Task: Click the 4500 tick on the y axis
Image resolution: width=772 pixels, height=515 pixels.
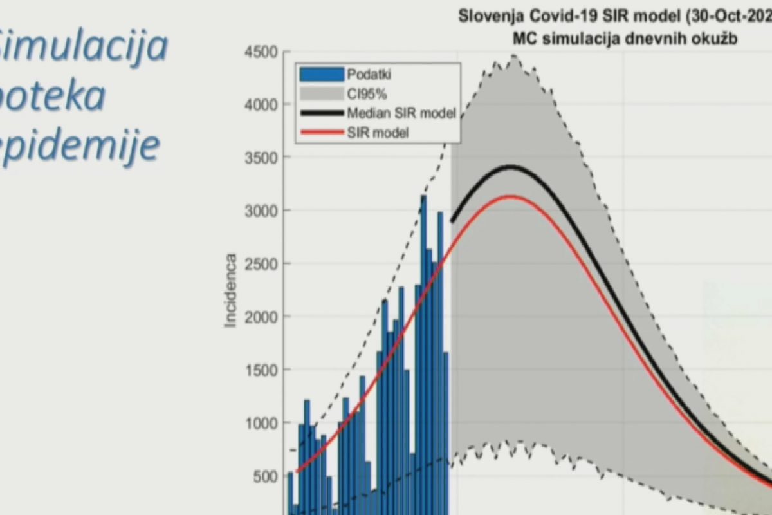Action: click(x=260, y=52)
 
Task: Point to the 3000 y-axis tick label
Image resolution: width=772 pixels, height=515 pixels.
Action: click(x=260, y=211)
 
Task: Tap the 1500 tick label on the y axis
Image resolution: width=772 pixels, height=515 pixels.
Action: click(x=260, y=370)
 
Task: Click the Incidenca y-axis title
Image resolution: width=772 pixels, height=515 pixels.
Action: click(x=231, y=290)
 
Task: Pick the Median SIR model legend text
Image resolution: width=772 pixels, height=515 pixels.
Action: click(x=401, y=114)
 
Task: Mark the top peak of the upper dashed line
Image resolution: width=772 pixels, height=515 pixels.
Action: click(x=514, y=57)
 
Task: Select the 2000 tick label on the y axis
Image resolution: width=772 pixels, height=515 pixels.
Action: click(x=260, y=317)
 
